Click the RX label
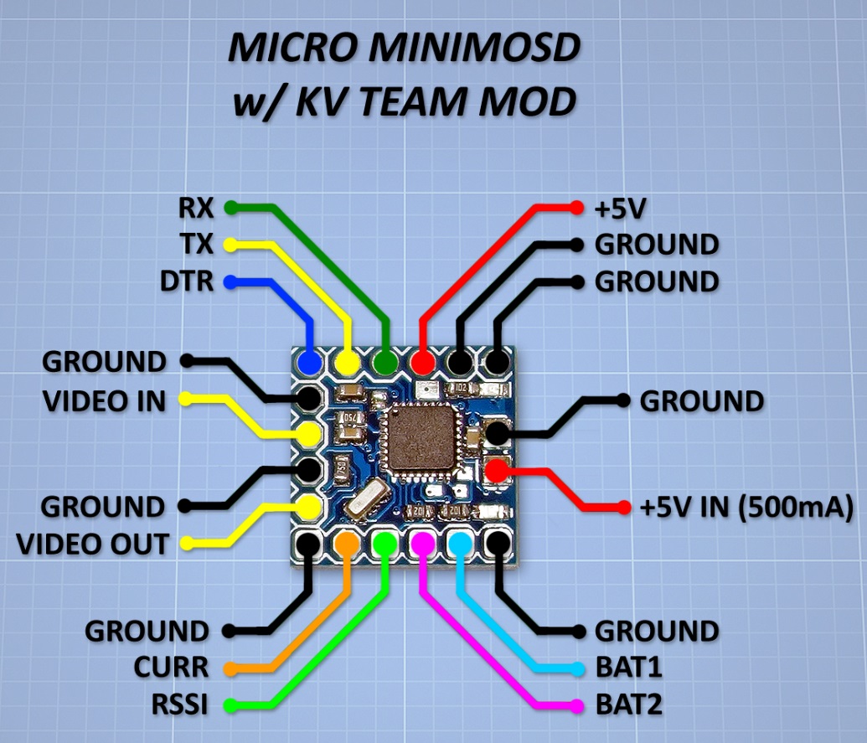(x=196, y=207)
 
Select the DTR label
(x=186, y=281)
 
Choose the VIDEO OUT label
(x=92, y=544)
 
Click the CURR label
(x=171, y=668)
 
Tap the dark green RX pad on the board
(x=384, y=363)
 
